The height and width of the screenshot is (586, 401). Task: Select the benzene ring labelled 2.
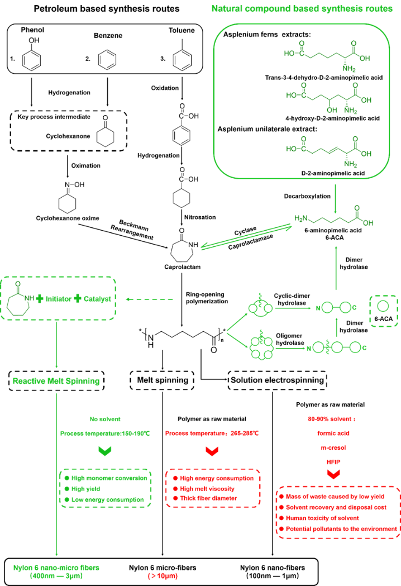pyautogui.click(x=107, y=59)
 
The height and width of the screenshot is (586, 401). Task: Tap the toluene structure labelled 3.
pyautogui.click(x=182, y=56)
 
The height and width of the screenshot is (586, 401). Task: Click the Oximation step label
pyautogui.click(x=86, y=165)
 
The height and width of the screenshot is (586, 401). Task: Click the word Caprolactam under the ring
pyautogui.click(x=183, y=267)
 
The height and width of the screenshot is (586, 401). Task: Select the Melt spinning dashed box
pyautogui.click(x=162, y=380)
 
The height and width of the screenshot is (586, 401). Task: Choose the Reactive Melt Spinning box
pyautogui.click(x=56, y=381)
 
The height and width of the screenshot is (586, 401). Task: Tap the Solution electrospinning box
pyautogui.click(x=278, y=380)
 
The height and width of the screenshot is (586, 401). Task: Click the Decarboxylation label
pyautogui.click(x=307, y=196)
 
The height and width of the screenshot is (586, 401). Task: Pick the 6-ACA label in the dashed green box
pyautogui.click(x=384, y=319)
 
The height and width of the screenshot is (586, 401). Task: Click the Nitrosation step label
pyautogui.click(x=200, y=217)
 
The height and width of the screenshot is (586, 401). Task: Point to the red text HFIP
pyautogui.click(x=333, y=462)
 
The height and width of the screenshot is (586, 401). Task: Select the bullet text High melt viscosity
pyautogui.click(x=207, y=489)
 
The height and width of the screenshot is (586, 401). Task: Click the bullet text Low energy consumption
pyautogui.click(x=108, y=499)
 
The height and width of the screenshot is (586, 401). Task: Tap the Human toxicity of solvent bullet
pyautogui.click(x=322, y=518)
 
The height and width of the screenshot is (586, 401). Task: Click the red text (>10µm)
pyautogui.click(x=163, y=576)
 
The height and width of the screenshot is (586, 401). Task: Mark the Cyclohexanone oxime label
pyautogui.click(x=68, y=218)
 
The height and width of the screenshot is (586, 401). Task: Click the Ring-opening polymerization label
pyautogui.click(x=207, y=298)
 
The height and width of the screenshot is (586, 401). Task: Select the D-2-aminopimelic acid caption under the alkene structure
pyautogui.click(x=333, y=173)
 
